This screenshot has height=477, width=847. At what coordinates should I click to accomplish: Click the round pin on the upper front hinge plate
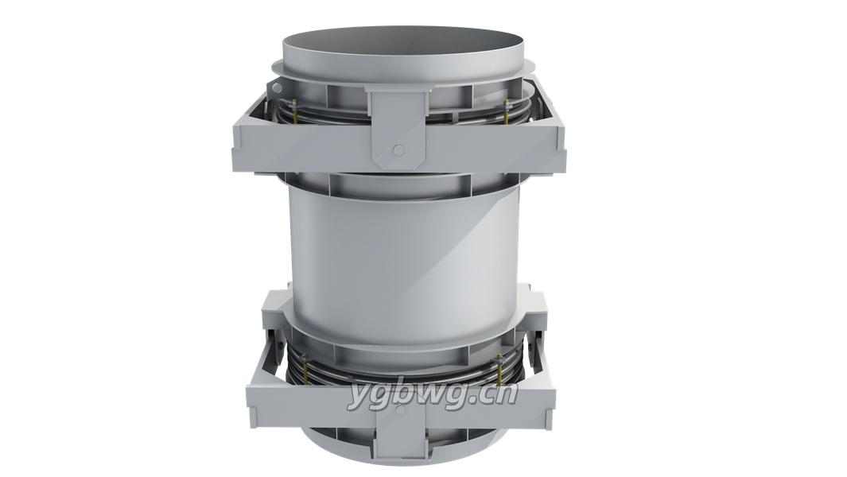398,149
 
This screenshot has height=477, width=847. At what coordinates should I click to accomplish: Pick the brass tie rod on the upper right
506,111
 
